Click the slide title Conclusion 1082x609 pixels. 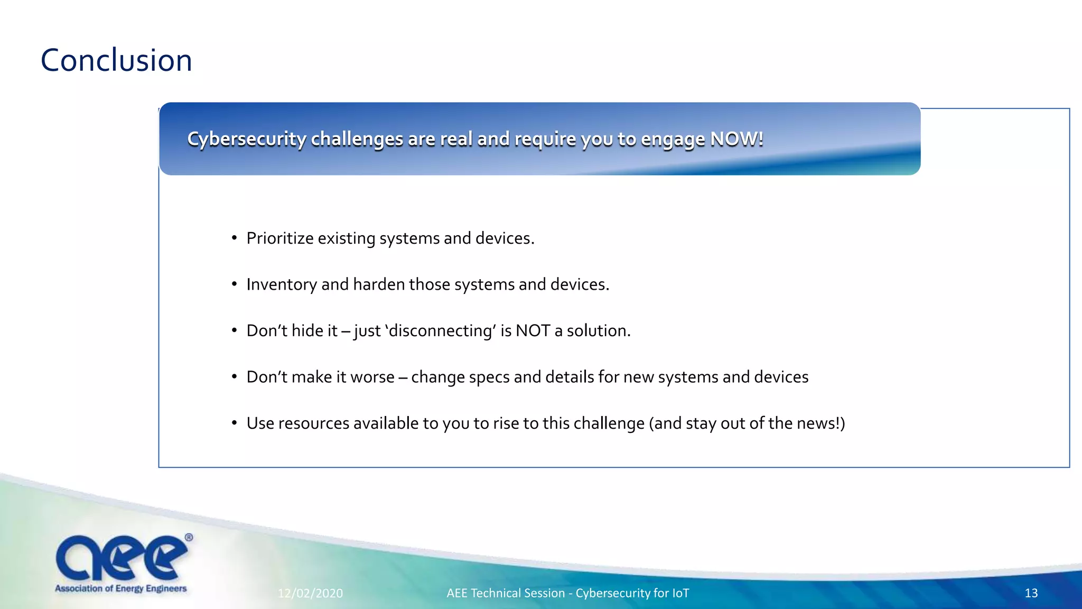point(116,60)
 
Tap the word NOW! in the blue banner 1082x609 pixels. point(736,139)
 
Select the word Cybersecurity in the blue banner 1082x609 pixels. point(246,139)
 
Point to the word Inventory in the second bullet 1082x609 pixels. point(281,284)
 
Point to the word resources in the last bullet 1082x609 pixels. point(313,423)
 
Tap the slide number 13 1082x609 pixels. point(1031,593)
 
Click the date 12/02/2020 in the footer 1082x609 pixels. point(310,593)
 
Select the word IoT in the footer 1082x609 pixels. point(680,593)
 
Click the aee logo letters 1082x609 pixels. point(121,558)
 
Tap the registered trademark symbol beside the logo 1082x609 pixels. point(189,538)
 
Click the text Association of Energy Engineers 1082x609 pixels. point(121,588)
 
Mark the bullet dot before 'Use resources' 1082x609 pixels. point(234,423)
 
